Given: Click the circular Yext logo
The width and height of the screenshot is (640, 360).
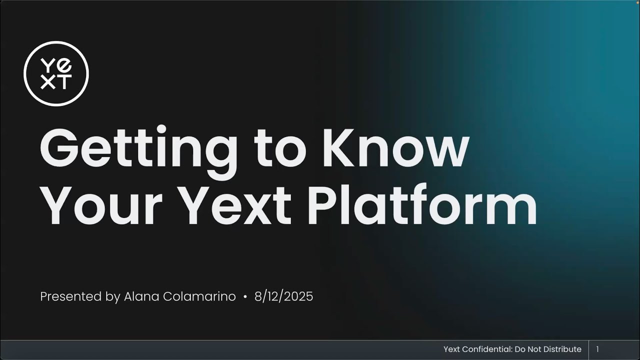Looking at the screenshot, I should (56, 73).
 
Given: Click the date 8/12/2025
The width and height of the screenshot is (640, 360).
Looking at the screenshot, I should (283, 296).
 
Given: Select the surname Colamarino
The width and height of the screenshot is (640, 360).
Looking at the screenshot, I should (199, 296).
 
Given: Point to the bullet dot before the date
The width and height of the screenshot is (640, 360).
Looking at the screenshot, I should (245, 297).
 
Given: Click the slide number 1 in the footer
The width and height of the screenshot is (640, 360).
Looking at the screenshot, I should (597, 349).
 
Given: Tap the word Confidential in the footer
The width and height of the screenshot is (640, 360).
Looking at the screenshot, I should (488, 349).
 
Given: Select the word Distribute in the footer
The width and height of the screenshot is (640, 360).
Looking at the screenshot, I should (562, 349).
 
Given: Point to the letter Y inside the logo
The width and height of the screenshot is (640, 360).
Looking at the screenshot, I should (48, 65).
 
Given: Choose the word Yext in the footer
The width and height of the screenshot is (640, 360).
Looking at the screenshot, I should (452, 349).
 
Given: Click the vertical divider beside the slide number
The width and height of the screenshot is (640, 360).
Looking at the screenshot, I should (588, 349).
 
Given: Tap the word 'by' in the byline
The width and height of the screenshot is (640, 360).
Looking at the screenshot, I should (113, 297).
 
